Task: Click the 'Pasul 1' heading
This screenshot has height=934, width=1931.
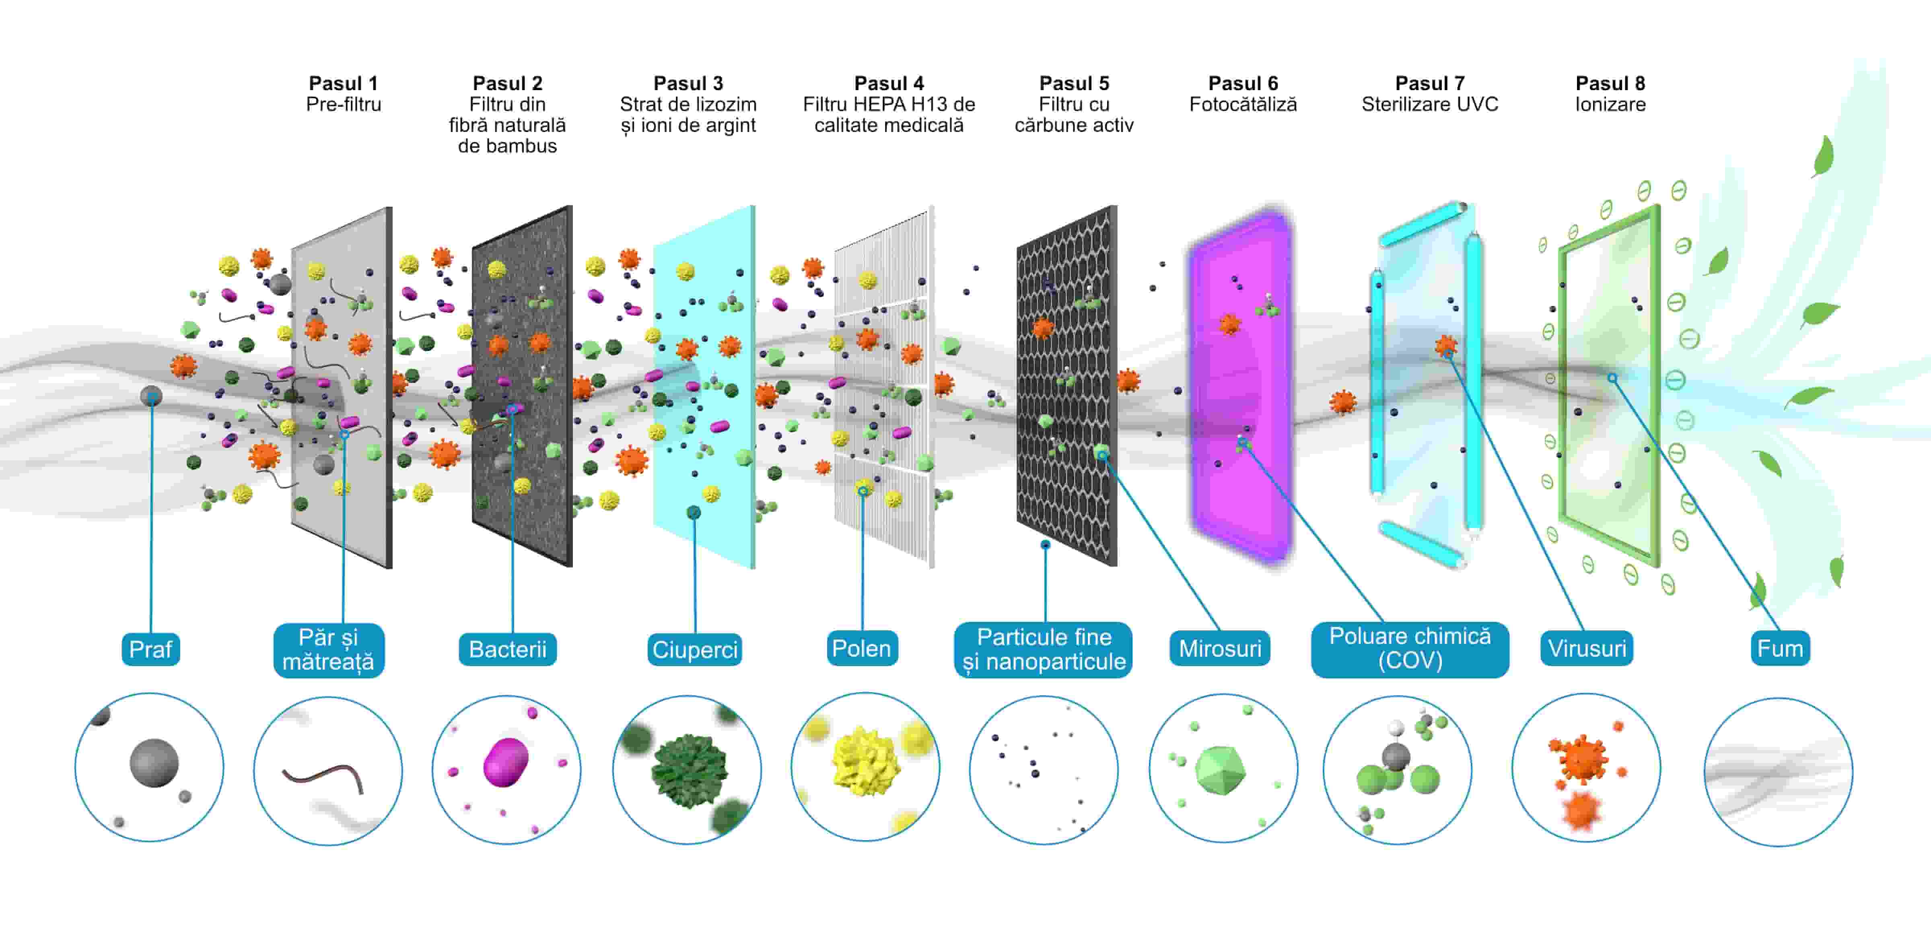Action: click(x=343, y=83)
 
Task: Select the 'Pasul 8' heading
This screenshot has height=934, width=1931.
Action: click(x=1610, y=83)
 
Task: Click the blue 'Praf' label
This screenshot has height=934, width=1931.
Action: click(x=151, y=649)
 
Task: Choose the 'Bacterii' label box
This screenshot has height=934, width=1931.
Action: click(x=507, y=649)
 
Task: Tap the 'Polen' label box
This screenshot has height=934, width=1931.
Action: click(x=861, y=648)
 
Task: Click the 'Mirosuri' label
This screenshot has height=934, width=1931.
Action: click(x=1220, y=648)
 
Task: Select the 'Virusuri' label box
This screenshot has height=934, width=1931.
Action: click(x=1586, y=648)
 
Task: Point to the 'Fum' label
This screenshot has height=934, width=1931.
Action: click(x=1780, y=648)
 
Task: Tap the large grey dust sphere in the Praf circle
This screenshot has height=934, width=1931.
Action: click(x=154, y=762)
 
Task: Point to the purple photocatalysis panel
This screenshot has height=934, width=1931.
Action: click(x=1241, y=390)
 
